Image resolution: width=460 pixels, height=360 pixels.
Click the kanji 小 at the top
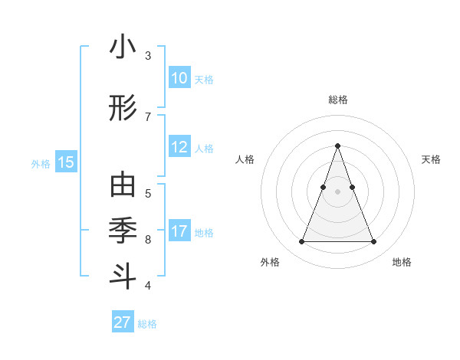(x=123, y=47)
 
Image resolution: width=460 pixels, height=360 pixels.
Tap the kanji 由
(x=123, y=185)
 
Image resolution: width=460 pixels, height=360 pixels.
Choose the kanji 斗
(x=123, y=275)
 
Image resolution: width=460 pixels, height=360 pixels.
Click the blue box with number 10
(x=179, y=78)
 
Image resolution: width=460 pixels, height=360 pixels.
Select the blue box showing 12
(x=179, y=148)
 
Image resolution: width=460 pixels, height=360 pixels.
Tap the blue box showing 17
(x=179, y=231)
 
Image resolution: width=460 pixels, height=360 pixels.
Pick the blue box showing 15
(x=65, y=162)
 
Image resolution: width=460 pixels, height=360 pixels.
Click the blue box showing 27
(x=123, y=322)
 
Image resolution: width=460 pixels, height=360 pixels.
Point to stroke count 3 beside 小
(x=148, y=56)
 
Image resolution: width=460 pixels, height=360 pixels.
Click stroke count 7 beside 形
(x=148, y=116)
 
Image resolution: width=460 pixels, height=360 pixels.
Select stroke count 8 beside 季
(x=148, y=240)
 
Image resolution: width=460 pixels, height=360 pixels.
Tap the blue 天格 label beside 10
(x=204, y=79)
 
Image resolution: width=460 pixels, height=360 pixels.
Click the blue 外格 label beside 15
(x=41, y=163)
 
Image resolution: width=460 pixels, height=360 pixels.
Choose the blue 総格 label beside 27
(x=147, y=323)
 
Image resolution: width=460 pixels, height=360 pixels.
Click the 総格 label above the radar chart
(x=338, y=100)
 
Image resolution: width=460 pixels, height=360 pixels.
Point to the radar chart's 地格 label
(x=402, y=262)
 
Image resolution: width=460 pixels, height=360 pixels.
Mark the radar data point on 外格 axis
(x=301, y=242)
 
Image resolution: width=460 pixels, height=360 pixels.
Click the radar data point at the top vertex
(x=337, y=146)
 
